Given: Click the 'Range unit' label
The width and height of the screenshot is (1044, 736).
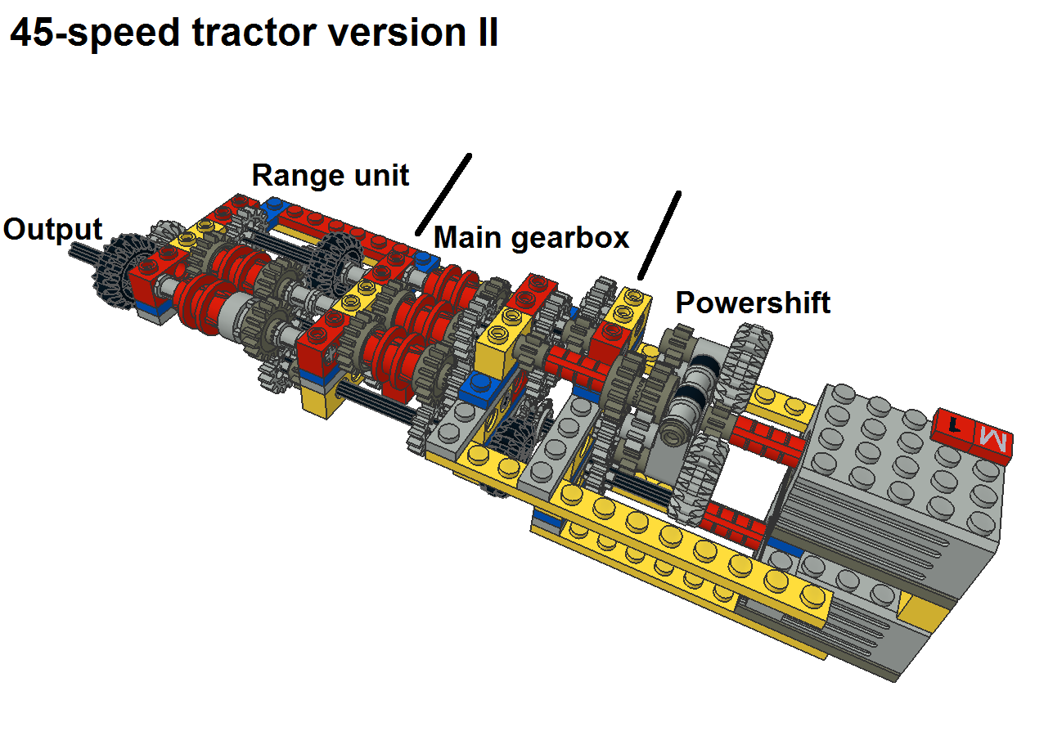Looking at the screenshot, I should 330,175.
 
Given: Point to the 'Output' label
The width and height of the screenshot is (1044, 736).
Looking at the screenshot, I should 52,229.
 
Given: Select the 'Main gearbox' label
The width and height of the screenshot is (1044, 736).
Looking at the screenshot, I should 531,237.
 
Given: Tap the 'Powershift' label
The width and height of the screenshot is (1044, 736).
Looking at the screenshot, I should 752,303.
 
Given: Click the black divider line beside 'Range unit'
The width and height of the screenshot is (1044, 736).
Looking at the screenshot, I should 443,193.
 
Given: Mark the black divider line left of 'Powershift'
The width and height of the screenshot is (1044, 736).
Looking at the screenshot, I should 659,234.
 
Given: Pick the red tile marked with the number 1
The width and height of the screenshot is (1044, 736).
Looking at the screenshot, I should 952,424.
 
